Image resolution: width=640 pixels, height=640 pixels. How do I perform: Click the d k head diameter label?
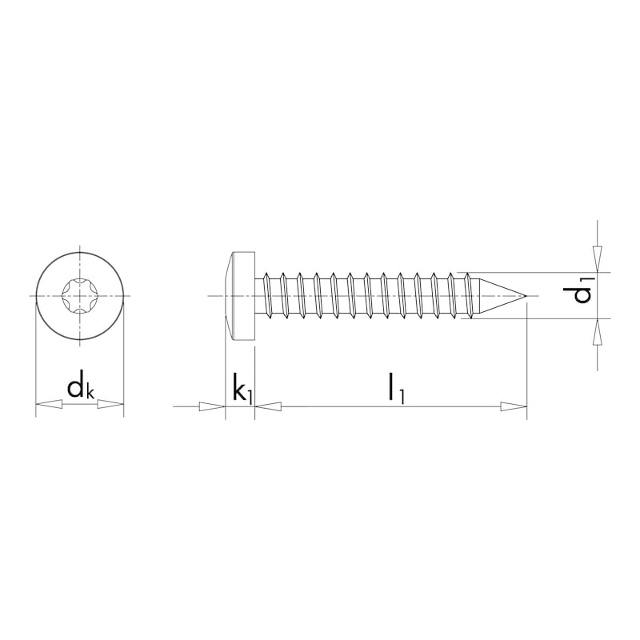pos(80,388)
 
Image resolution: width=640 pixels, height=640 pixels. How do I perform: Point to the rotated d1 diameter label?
pos(582,290)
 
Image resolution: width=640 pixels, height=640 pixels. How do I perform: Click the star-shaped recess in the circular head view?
pos(80,297)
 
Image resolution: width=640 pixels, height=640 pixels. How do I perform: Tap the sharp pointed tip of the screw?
pos(525,297)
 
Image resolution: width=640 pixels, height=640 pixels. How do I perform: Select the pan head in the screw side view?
pos(240,297)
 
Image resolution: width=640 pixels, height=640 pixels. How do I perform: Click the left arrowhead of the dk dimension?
pos(48,406)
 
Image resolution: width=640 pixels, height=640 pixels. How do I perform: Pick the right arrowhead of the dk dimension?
pos(111,406)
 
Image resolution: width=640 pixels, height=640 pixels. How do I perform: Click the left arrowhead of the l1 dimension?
pos(268,406)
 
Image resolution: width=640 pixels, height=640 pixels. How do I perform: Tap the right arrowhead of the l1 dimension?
pos(514,406)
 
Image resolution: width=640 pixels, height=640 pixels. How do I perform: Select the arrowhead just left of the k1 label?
pos(213,406)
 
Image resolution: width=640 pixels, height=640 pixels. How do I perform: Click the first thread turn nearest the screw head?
pos(267,297)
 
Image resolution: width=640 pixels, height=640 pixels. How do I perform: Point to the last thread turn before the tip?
pos(469,297)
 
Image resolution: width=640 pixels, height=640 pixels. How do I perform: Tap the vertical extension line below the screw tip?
pos(526,360)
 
